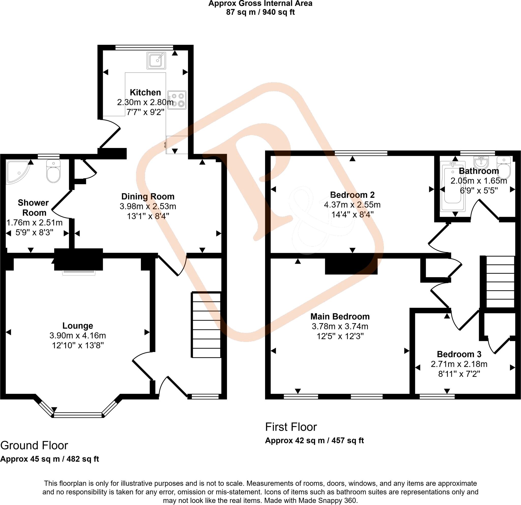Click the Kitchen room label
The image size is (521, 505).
click(146, 92)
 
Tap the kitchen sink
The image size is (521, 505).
click(156, 60)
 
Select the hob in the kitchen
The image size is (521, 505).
click(177, 100)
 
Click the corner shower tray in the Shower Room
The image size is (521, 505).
click(18, 172)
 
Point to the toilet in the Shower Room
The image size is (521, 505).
click(53, 171)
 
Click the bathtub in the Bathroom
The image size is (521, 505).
click(453, 186)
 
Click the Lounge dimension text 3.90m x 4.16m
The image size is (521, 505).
click(78, 335)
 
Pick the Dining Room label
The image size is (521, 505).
click(148, 196)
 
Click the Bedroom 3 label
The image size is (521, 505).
click(459, 354)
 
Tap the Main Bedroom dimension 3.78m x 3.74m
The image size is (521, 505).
click(340, 326)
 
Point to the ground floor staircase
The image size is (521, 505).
click(206, 325)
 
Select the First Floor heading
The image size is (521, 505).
click(291, 427)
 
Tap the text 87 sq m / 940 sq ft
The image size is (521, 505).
click(260, 12)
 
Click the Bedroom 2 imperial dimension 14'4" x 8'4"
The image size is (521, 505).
click(352, 214)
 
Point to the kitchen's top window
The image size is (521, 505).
click(144, 47)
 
